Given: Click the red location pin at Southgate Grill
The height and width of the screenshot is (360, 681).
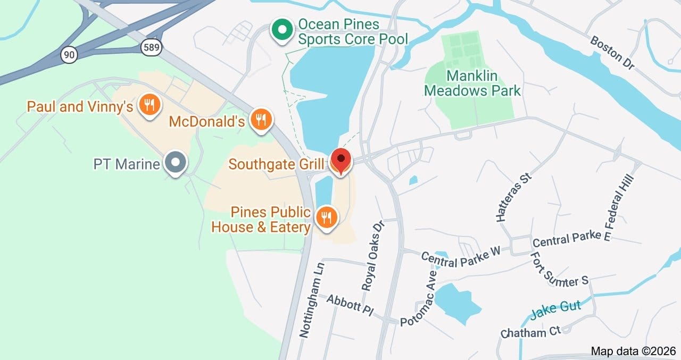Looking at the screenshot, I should [340, 160].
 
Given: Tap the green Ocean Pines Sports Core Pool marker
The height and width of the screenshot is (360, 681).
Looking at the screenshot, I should [281, 30].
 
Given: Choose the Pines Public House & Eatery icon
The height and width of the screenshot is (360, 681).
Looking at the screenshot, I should [326, 217].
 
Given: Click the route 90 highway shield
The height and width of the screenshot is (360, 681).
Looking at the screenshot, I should [69, 54].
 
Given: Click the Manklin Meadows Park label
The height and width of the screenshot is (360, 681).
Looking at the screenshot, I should [472, 83].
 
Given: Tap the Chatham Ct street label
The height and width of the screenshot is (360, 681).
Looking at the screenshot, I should [531, 332].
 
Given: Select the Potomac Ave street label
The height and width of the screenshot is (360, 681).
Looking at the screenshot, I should [418, 299].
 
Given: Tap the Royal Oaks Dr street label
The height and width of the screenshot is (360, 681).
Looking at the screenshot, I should [373, 256].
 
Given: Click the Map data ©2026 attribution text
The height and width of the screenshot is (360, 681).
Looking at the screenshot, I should [633, 351].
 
